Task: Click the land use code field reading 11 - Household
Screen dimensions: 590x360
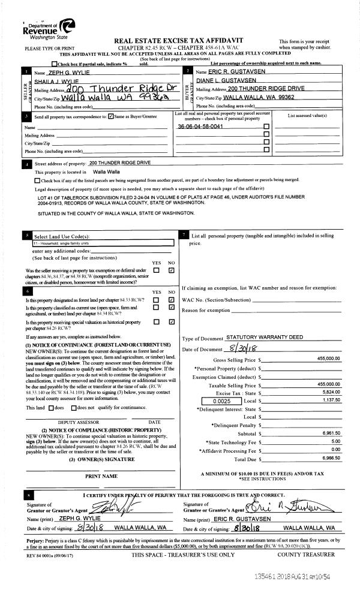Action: (x=98, y=244)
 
